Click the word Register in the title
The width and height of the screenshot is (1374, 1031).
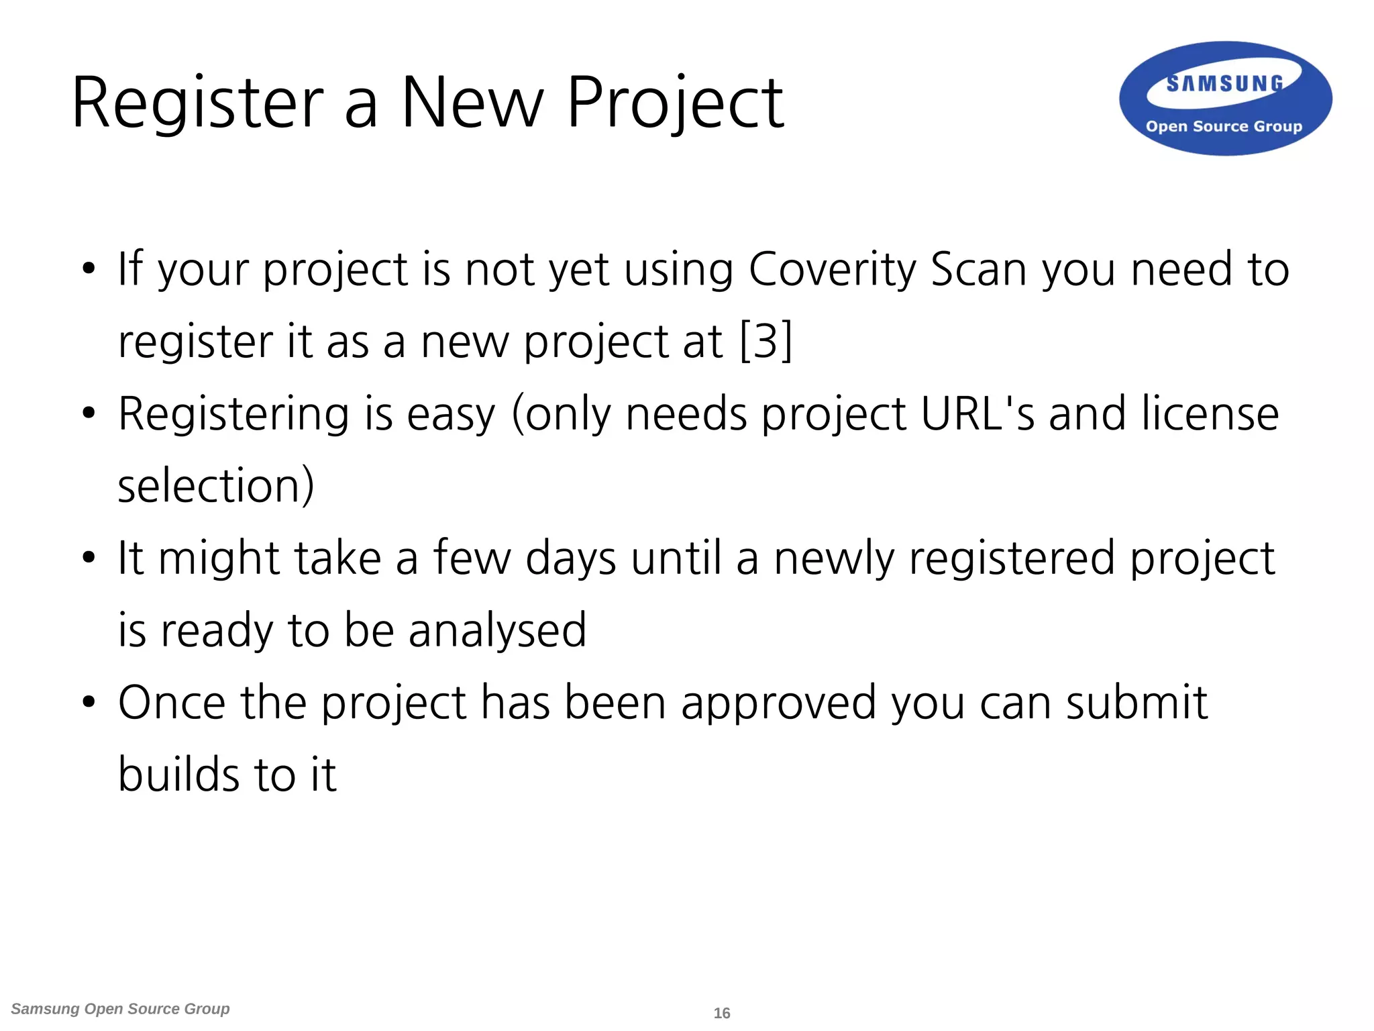(x=198, y=104)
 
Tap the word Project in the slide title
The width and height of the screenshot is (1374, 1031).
(x=675, y=104)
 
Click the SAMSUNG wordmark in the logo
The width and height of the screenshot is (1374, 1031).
(x=1224, y=84)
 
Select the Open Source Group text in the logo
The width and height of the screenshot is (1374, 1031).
(x=1224, y=126)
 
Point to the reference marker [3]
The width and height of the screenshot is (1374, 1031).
(x=766, y=341)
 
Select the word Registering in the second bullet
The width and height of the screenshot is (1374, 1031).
(x=233, y=415)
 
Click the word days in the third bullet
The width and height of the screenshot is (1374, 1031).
(x=570, y=559)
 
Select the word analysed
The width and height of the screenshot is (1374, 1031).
(x=497, y=631)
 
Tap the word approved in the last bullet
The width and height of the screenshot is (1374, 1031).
(x=779, y=703)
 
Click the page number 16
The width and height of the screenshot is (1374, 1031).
(x=722, y=1013)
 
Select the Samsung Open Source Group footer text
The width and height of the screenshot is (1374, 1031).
(x=121, y=1009)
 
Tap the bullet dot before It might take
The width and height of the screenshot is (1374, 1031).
(x=89, y=558)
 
